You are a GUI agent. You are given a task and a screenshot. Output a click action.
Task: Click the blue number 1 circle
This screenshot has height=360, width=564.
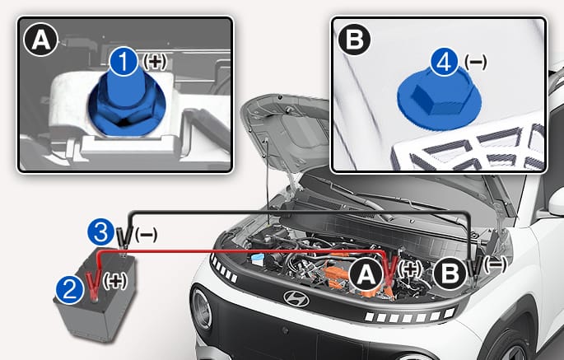pyautogui.click(x=124, y=62)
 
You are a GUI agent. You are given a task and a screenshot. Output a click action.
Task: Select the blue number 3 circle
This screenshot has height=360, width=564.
pyautogui.click(x=101, y=232)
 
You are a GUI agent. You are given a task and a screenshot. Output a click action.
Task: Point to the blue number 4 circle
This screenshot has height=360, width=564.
pyautogui.click(x=445, y=63)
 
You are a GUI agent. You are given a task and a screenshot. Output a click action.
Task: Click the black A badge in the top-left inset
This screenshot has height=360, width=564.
pyautogui.click(x=40, y=40)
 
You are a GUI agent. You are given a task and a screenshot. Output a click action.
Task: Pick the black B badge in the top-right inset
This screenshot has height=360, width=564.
pyautogui.click(x=355, y=39)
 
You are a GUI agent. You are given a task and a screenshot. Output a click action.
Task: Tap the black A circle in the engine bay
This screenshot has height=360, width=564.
pyautogui.click(x=366, y=275)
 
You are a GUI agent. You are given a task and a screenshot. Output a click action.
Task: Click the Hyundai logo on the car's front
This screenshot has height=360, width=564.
pyautogui.click(x=296, y=298)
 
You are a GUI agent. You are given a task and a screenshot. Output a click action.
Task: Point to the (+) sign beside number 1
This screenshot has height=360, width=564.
pyautogui.click(x=155, y=62)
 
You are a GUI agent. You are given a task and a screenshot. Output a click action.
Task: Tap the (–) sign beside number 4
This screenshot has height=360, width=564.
pyautogui.click(x=476, y=62)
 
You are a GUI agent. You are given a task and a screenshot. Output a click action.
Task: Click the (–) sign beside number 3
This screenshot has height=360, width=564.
pyautogui.click(x=146, y=235)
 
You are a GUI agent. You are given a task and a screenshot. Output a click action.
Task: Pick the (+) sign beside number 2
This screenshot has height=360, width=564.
pyautogui.click(x=114, y=280)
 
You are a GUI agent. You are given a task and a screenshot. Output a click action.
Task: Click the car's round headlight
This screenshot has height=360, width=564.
pyautogui.click(x=202, y=309)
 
